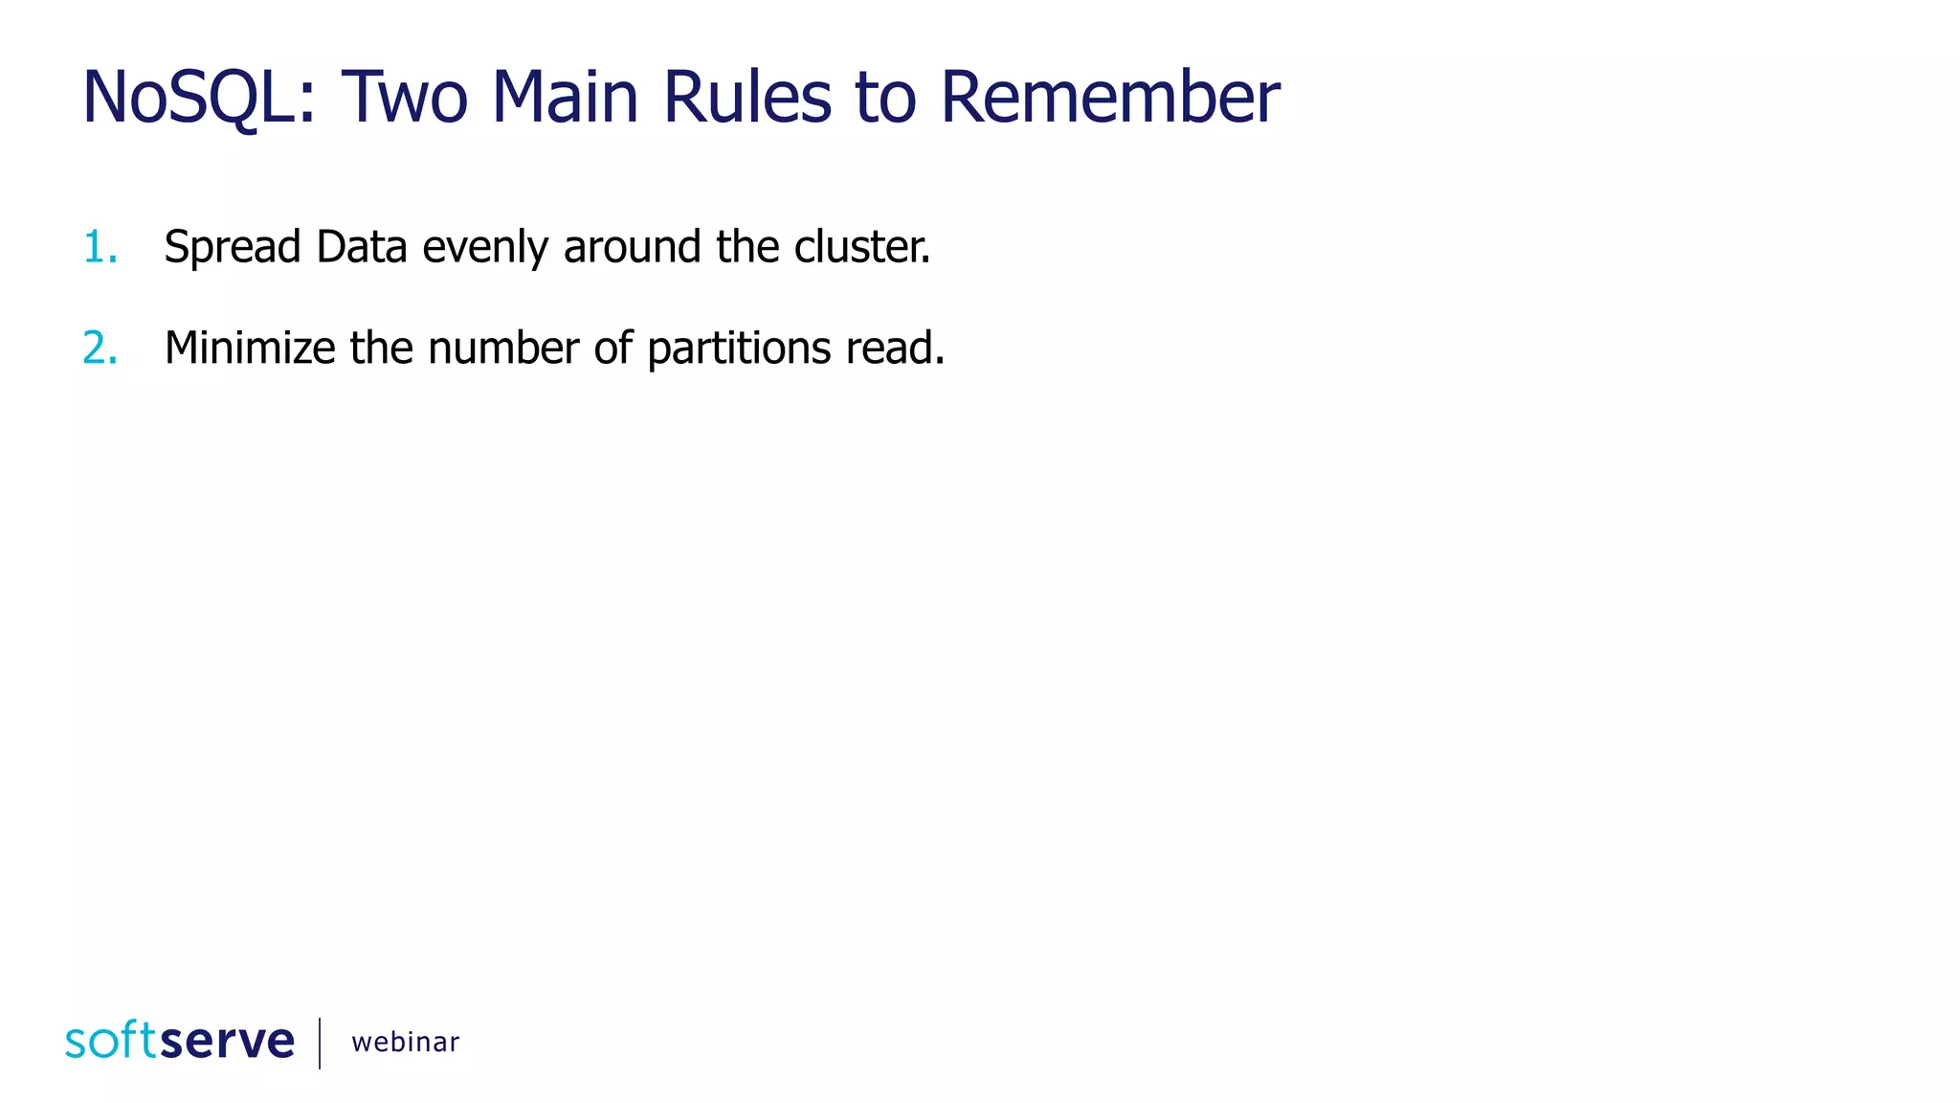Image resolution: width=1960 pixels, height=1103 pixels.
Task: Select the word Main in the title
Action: pyautogui.click(x=565, y=98)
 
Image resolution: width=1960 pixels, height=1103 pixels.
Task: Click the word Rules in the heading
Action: pyautogui.click(x=746, y=98)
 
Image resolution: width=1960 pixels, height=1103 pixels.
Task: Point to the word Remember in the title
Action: pyautogui.click(x=1110, y=98)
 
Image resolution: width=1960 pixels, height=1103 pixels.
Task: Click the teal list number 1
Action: pyautogui.click(x=100, y=247)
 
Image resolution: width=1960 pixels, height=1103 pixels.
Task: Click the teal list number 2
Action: pyautogui.click(x=100, y=348)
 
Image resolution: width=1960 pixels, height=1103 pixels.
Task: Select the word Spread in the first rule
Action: pyautogui.click(x=233, y=248)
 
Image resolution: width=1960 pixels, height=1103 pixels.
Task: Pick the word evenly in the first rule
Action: pyautogui.click(x=485, y=248)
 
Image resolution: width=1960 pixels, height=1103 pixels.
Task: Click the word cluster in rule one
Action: pyautogui.click(x=860, y=247)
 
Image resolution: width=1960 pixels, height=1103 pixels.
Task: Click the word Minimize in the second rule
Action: pyautogui.click(x=249, y=348)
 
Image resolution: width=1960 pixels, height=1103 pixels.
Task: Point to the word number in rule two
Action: pyautogui.click(x=503, y=348)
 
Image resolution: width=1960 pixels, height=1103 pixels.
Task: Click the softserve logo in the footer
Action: pyautogui.click(x=180, y=1041)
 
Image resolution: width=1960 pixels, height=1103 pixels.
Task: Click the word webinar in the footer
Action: pyautogui.click(x=405, y=1042)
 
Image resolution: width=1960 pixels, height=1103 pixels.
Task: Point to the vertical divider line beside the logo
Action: pyautogui.click(x=320, y=1043)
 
